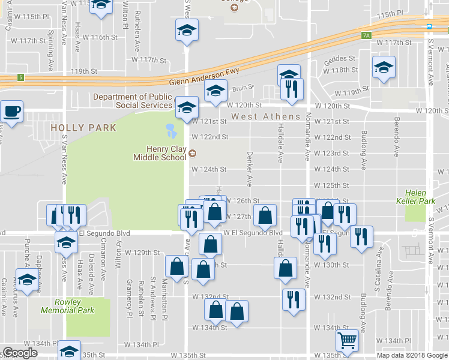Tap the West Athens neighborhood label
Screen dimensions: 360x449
point(266,116)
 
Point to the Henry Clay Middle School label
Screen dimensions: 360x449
point(158,154)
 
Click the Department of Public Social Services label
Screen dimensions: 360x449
point(133,101)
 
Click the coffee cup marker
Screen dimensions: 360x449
point(11,110)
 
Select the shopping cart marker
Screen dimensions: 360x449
point(347,340)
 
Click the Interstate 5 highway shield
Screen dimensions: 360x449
point(21,77)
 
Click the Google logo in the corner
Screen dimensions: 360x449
point(20,353)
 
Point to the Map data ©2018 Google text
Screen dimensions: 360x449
point(412,355)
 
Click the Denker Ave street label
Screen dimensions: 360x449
point(249,168)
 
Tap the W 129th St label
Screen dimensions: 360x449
point(142,253)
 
